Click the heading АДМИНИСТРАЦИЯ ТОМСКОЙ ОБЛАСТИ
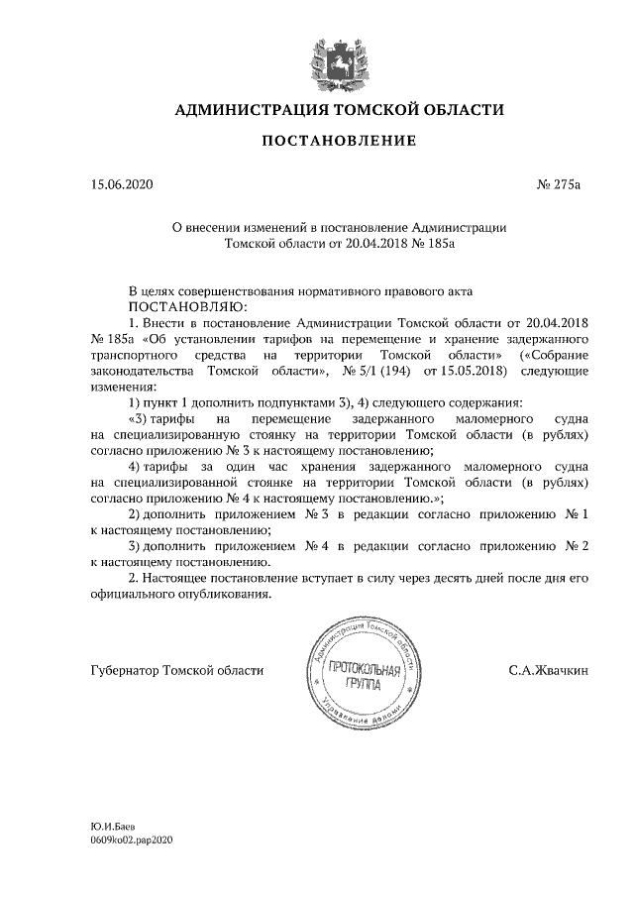339,109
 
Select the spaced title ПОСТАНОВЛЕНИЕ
339,143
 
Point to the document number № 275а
560,184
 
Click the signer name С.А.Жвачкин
548,671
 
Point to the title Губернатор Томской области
176,671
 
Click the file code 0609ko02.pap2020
131,839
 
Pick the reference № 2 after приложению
578,545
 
